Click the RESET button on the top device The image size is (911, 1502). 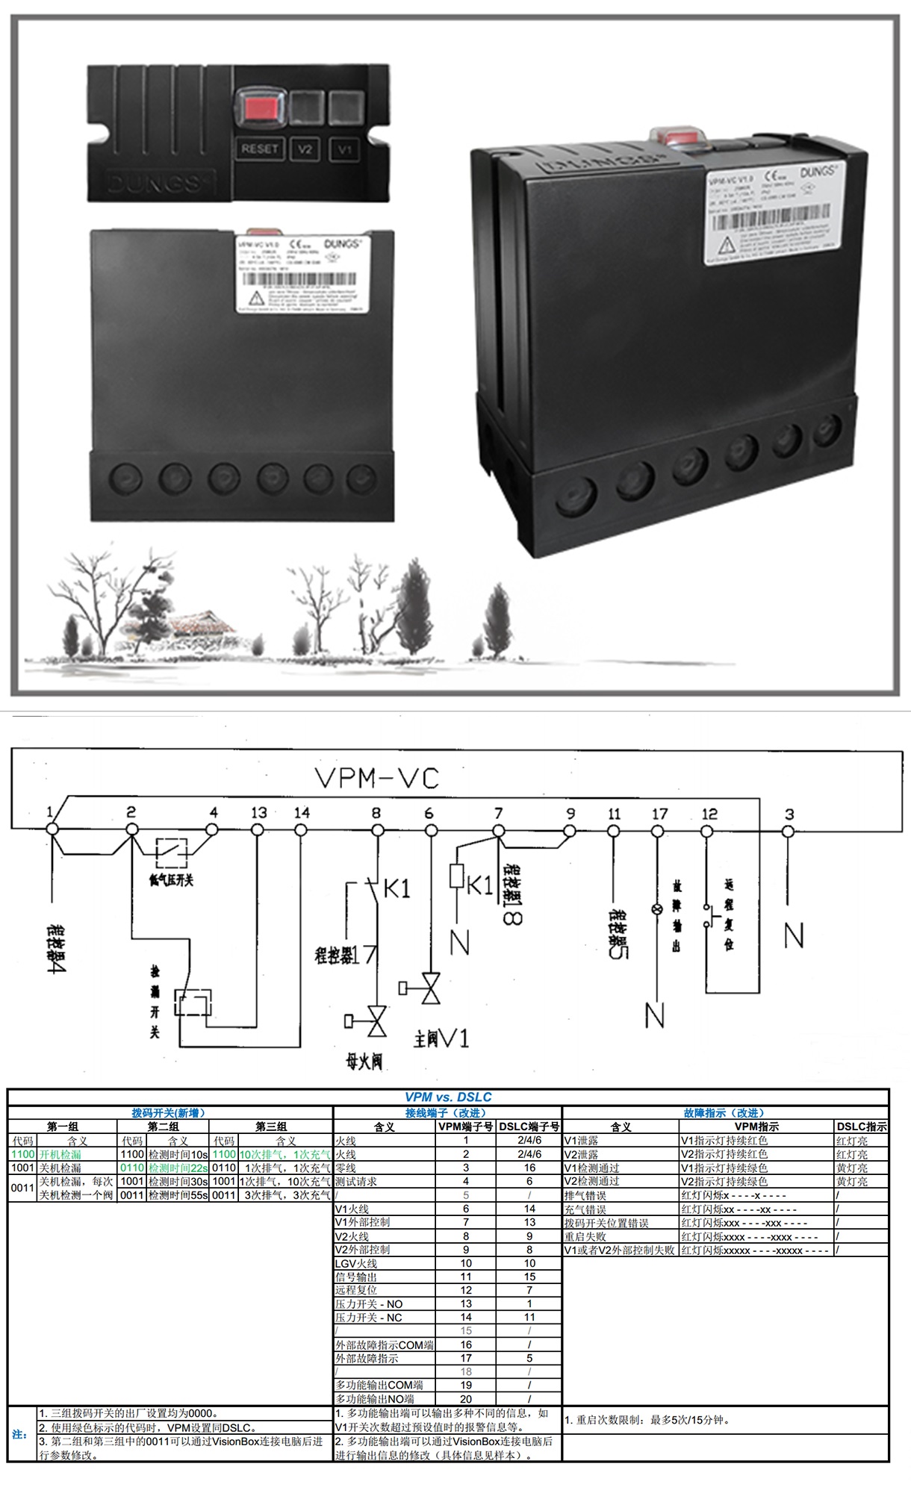[259, 149]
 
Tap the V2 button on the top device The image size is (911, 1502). [305, 149]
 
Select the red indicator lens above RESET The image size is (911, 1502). [260, 109]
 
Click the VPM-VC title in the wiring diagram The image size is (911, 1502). [377, 779]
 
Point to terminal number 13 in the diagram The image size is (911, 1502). [258, 812]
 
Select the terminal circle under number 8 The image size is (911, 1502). [377, 831]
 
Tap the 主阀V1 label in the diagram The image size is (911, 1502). [441, 1038]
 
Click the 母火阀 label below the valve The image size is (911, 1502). [364, 1061]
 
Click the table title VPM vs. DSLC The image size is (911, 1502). [448, 1097]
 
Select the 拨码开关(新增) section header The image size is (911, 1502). [169, 1112]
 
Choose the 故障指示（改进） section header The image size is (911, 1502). [724, 1112]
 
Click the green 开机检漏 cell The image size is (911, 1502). [60, 1154]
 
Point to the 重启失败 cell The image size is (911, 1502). [585, 1236]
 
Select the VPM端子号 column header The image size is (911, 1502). [465, 1126]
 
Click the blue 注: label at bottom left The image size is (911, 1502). [20, 1434]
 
